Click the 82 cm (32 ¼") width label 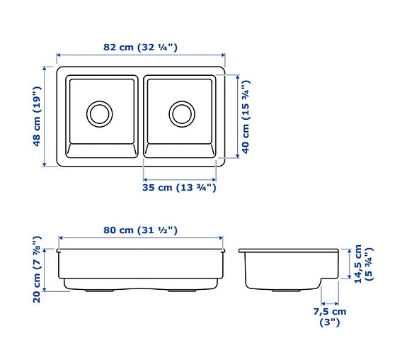pos(140,47)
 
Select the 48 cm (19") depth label pos(38,117)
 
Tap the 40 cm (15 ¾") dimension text pos(246,117)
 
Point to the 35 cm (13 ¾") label pos(180,188)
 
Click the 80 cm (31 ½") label pos(139,230)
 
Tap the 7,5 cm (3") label pos(330,316)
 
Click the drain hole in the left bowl pos(99,112)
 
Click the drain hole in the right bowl pos(182,112)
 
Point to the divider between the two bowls pos(141,117)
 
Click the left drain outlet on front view pos(98,291)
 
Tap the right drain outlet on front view pos(181,291)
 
